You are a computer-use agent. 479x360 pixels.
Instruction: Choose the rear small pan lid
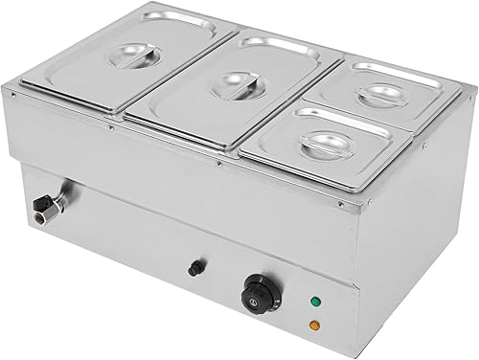click(383, 91)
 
